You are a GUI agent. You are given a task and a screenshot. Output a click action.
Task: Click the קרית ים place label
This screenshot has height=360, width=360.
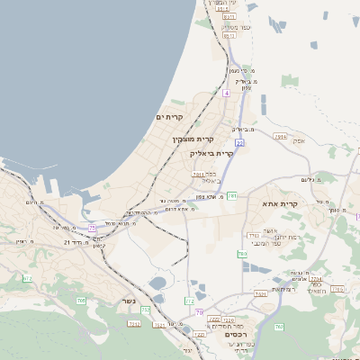tap(169, 118)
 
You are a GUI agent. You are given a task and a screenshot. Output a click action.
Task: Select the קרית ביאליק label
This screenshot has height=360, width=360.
tap(213, 153)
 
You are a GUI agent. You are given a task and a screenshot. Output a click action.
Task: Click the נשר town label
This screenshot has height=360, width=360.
tap(129, 301)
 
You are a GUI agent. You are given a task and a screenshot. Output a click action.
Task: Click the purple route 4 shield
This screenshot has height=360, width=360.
tap(227, 92)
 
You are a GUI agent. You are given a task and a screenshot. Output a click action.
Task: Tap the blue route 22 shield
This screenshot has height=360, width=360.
tap(239, 142)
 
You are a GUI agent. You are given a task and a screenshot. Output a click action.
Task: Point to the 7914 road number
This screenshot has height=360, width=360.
tap(281, 137)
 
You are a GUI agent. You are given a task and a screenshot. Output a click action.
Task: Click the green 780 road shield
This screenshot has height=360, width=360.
tap(242, 255)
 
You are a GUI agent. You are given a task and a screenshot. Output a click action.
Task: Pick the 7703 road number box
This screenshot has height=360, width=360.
tap(253, 236)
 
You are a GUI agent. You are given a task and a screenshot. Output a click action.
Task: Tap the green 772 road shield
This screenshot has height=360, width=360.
tap(189, 301)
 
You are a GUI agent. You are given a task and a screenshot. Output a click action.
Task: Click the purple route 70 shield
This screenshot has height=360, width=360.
tap(199, 312)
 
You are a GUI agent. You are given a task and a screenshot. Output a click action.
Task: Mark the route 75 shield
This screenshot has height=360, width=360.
tap(92, 228)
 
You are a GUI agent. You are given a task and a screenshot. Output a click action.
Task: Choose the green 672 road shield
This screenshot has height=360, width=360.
tap(26, 279)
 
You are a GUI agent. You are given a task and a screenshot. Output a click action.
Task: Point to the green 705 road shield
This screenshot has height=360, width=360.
tap(80, 300)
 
